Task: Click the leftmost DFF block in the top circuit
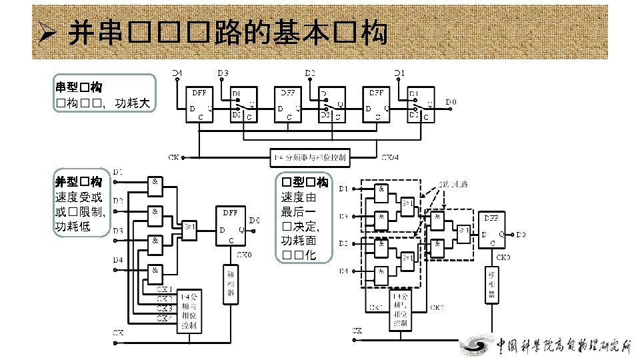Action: (201, 105)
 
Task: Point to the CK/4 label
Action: (390, 158)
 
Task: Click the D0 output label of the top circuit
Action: (451, 102)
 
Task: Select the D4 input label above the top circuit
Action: (177, 72)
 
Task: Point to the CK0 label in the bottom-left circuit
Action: (245, 255)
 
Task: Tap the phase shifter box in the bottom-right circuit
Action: (492, 283)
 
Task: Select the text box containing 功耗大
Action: (105, 94)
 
